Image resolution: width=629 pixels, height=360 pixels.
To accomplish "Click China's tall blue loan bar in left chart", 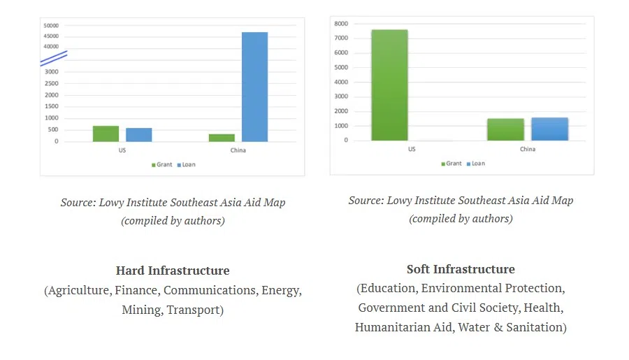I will pos(254,87).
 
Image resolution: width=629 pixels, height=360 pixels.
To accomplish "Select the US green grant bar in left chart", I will pos(106,134).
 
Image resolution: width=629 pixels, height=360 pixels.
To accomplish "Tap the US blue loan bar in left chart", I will pos(138,135).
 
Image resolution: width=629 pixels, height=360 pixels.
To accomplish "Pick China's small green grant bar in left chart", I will pos(222,138).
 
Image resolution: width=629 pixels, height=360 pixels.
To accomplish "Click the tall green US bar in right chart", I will pos(389,85).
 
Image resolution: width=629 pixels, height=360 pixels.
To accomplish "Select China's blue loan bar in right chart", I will pos(550,129).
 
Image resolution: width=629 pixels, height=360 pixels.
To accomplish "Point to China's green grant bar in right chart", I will pos(505,129).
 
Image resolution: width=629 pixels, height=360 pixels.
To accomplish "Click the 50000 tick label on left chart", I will pos(51,25).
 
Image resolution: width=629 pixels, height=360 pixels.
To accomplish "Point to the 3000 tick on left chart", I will pos(52,71).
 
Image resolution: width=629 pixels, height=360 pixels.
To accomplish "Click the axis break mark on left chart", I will pos(53,58).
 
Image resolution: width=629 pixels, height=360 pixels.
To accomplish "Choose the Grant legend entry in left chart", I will pos(161,165).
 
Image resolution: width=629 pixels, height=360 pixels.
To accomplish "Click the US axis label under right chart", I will pos(411,149).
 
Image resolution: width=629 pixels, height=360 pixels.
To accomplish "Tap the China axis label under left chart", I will pos(238,150).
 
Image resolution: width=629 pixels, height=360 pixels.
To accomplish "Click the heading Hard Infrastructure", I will pos(173,271).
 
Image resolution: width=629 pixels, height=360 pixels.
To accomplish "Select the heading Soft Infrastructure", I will pos(461,269).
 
